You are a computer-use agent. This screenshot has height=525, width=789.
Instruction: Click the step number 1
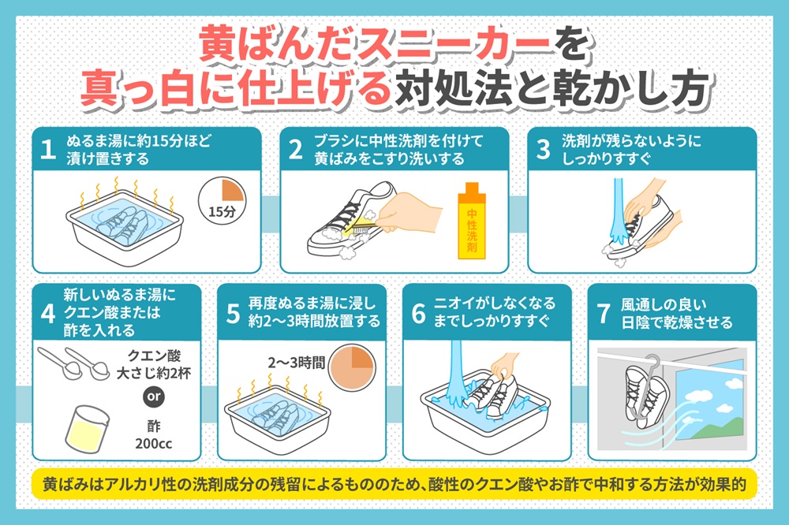(x=48, y=149)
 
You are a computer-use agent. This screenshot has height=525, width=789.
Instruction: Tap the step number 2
(x=296, y=149)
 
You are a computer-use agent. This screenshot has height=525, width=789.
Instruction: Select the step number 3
(x=544, y=149)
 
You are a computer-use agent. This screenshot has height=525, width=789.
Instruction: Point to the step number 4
(x=48, y=313)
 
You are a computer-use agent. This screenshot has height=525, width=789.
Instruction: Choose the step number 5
(x=233, y=313)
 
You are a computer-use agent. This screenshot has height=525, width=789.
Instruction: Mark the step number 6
(x=419, y=313)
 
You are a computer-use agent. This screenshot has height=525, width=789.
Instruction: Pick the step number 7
(x=604, y=313)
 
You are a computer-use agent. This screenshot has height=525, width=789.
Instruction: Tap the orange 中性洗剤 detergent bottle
(x=472, y=221)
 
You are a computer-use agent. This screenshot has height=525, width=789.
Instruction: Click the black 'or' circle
(x=154, y=397)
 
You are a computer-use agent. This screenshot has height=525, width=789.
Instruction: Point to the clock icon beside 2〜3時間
(x=352, y=367)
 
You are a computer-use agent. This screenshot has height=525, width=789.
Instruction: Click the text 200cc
(x=154, y=444)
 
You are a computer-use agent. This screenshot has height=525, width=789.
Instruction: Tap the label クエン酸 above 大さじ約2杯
(x=154, y=356)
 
